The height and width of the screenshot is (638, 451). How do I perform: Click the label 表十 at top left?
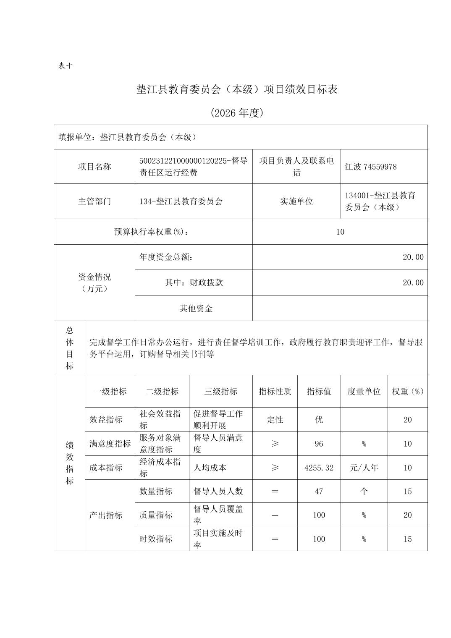tap(66, 66)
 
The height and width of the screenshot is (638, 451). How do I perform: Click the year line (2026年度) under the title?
tap(237, 113)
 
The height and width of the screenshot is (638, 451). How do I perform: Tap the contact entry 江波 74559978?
tap(370, 167)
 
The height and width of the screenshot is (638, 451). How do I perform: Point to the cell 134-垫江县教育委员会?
tap(181, 201)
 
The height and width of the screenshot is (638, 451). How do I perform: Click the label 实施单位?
tap(296, 201)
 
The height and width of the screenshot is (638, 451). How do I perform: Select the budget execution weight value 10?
tap(340, 232)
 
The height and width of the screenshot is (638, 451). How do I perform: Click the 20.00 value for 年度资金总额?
tap(413, 257)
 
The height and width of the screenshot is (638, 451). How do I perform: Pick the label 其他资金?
tap(196, 309)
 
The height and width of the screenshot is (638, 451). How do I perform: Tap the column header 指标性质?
tap(275, 392)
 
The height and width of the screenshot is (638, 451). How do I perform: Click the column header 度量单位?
tap(364, 392)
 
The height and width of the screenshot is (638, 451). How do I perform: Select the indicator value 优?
tap(319, 420)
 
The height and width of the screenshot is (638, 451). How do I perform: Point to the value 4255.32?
tap(319, 468)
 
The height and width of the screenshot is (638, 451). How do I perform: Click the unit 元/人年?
tap(364, 468)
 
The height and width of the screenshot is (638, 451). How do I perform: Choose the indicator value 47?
tap(319, 492)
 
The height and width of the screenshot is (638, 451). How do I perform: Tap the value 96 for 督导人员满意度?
tap(319, 444)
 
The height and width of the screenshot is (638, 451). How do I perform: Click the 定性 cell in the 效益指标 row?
tap(275, 420)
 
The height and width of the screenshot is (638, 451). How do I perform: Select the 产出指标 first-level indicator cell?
tap(106, 515)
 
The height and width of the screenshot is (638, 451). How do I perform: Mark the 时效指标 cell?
tap(156, 539)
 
